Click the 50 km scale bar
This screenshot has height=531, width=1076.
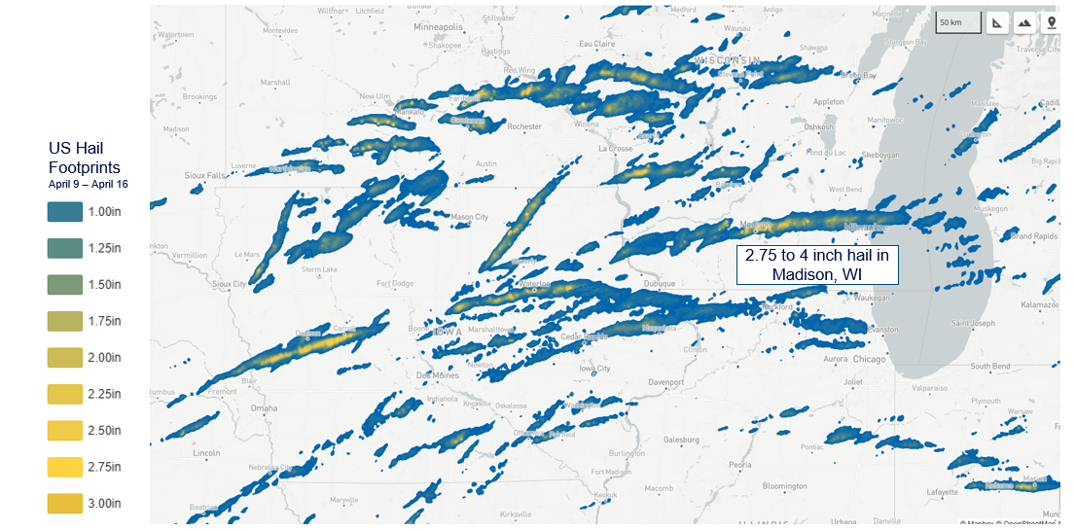pyautogui.click(x=957, y=22)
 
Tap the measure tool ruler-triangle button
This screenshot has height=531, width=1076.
pyautogui.click(x=998, y=22)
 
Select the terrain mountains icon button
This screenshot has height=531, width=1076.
pyautogui.click(x=1024, y=22)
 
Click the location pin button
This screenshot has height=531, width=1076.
pyautogui.click(x=1051, y=22)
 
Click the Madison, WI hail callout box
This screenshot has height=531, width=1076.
pyautogui.click(x=817, y=265)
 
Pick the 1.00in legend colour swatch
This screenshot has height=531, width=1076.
pyautogui.click(x=65, y=212)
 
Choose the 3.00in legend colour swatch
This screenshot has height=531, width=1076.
pyautogui.click(x=65, y=503)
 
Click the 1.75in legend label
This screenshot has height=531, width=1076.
pyautogui.click(x=104, y=321)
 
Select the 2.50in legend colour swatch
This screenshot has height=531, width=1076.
pyautogui.click(x=65, y=430)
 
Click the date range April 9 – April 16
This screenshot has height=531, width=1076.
pyautogui.click(x=89, y=183)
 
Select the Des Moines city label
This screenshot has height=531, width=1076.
pyautogui.click(x=437, y=374)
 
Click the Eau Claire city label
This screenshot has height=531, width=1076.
pyautogui.click(x=596, y=44)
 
